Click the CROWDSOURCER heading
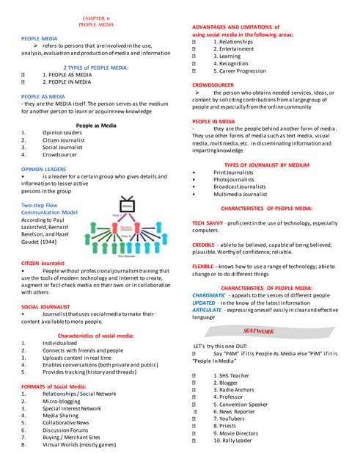coord(213,85)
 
